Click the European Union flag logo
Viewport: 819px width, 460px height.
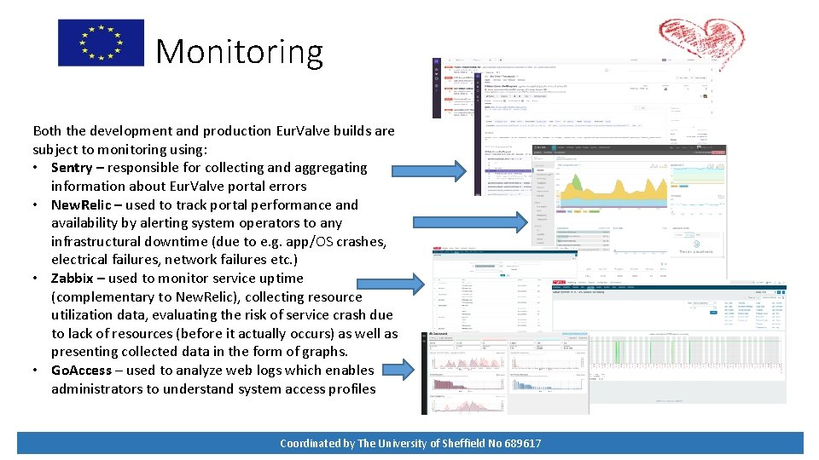(x=101, y=43)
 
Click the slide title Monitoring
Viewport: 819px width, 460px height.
(x=239, y=51)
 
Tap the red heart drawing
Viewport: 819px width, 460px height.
(x=695, y=41)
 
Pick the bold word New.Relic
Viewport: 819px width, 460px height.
(x=87, y=205)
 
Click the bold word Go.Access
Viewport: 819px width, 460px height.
(x=82, y=371)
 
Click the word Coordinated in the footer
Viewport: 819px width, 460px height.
(x=311, y=443)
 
